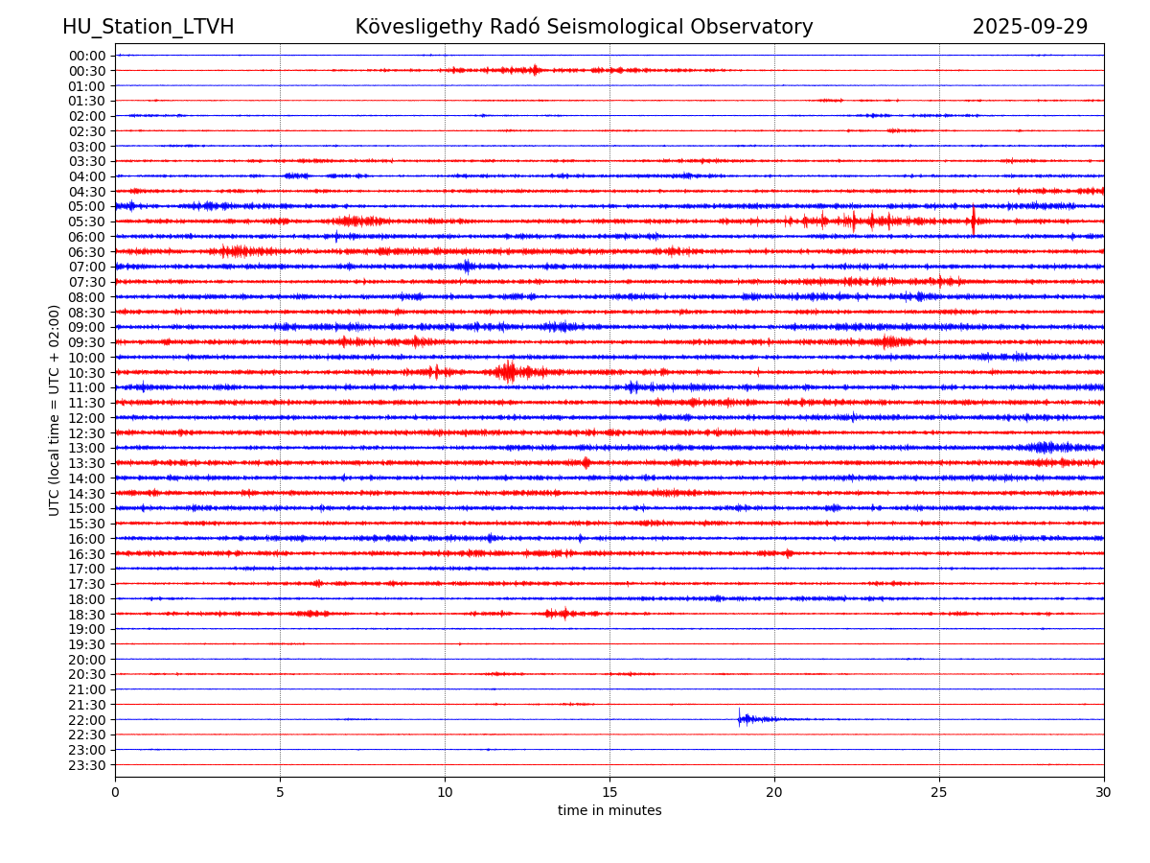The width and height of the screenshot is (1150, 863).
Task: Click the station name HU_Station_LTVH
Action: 148,28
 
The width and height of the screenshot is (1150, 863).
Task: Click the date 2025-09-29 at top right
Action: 1029,28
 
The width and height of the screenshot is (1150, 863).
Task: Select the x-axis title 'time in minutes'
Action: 609,811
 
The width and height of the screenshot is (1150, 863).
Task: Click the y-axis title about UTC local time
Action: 55,409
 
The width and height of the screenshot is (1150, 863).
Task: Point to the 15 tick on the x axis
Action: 609,792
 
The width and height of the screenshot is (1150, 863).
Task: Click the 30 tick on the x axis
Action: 1104,792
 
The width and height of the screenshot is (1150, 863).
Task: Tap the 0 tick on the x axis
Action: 115,792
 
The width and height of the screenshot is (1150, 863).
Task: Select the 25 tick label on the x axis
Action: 939,792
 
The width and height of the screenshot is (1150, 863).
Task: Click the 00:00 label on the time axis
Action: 87,56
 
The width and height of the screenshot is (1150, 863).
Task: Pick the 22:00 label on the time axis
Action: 87,720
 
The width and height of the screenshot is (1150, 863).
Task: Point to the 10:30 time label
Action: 87,373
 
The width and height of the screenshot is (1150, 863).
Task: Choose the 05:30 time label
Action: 87,222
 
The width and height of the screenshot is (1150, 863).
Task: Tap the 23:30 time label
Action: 87,765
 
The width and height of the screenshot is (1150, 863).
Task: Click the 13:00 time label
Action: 87,448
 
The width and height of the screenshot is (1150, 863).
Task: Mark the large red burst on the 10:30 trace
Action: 508,371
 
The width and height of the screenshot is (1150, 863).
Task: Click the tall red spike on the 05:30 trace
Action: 974,221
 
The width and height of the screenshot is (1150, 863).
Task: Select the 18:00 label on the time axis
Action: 87,599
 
